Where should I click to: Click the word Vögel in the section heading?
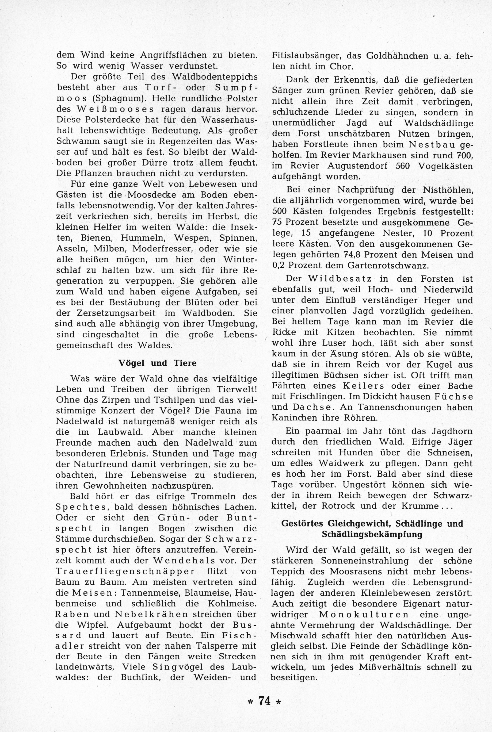pos(132,363)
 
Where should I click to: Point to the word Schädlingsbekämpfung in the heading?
pos(372,534)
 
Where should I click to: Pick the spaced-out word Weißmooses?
pos(109,109)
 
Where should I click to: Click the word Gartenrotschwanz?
pos(388,265)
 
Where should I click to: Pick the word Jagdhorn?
pos(450,431)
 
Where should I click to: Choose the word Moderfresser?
pos(162,248)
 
